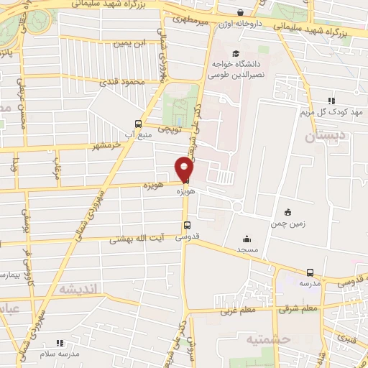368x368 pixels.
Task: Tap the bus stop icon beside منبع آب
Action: pyautogui.click(x=139, y=123)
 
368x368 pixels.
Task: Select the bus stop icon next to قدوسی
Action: pyautogui.click(x=187, y=224)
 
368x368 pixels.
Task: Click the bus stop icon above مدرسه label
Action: pyautogui.click(x=310, y=272)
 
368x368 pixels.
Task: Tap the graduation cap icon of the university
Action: pyautogui.click(x=236, y=53)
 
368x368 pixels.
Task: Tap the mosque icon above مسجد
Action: pyautogui.click(x=247, y=239)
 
